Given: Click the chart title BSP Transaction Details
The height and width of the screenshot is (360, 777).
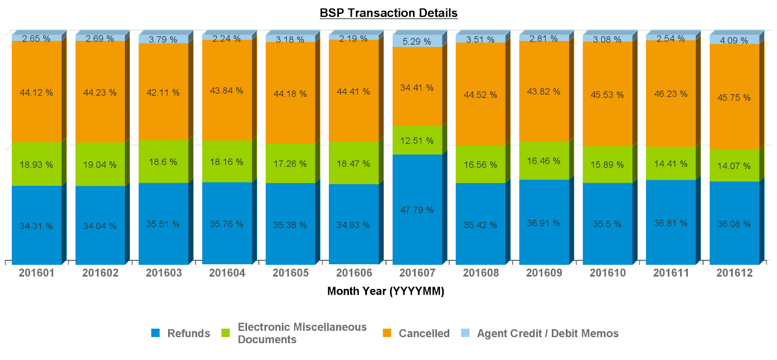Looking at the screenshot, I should pyautogui.click(x=388, y=13).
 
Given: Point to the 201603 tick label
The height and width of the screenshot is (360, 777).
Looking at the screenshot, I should pyautogui.click(x=163, y=273).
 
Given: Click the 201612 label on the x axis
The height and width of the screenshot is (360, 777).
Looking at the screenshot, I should pyautogui.click(x=734, y=273).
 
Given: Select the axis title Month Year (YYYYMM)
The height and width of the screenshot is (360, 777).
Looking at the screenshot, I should pyautogui.click(x=385, y=291).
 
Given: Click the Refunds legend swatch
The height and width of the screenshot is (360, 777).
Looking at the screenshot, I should pyautogui.click(x=156, y=333).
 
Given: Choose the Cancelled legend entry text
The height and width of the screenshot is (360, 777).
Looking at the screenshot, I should pyautogui.click(x=424, y=334).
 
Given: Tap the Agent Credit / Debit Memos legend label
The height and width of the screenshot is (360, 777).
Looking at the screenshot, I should pyautogui.click(x=548, y=334).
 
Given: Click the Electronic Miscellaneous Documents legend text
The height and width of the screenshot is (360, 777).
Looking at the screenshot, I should pyautogui.click(x=302, y=333).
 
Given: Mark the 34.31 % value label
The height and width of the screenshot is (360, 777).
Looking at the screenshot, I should pyautogui.click(x=36, y=226).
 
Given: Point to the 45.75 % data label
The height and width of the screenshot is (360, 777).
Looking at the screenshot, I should pyautogui.click(x=734, y=96).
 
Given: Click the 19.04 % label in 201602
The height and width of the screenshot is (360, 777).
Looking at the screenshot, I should pyautogui.click(x=100, y=165).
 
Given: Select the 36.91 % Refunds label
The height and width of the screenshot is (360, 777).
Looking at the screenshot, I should pyautogui.click(x=544, y=223).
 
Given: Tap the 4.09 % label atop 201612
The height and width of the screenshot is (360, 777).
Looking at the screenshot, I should pyautogui.click(x=734, y=40).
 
